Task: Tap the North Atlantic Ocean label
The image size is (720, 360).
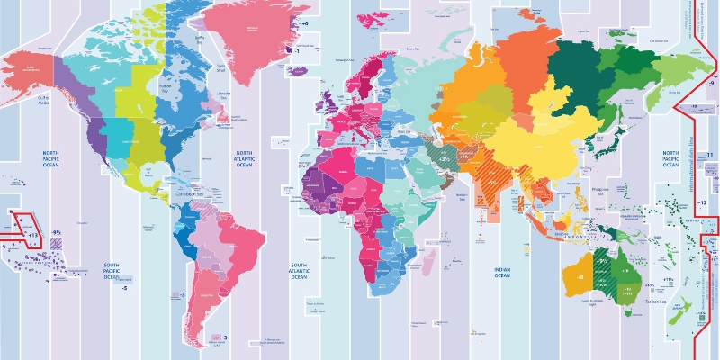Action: (x=244, y=158)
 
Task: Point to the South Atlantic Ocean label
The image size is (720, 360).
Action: (x=299, y=269)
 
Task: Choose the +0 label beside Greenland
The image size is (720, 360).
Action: (x=304, y=22)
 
